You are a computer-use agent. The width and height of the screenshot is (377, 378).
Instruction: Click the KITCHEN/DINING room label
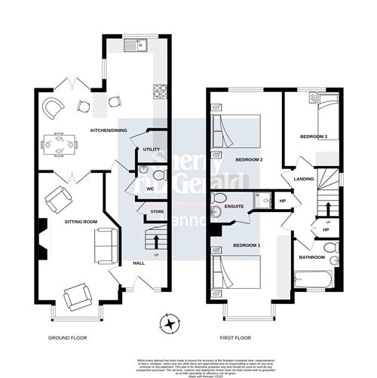109,131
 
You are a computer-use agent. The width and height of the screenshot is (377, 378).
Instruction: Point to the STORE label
156,212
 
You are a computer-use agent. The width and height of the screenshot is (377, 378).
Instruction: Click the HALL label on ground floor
139,263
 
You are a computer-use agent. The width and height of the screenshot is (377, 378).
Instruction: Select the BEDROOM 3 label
314,137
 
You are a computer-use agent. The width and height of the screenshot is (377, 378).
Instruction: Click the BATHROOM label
311,257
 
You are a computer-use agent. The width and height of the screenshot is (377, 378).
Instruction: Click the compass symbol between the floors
172,325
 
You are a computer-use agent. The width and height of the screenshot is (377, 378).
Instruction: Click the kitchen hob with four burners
160,91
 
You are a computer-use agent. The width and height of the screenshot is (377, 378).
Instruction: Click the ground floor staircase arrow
155,241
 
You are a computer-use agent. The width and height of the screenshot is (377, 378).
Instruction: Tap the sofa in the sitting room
104,245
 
